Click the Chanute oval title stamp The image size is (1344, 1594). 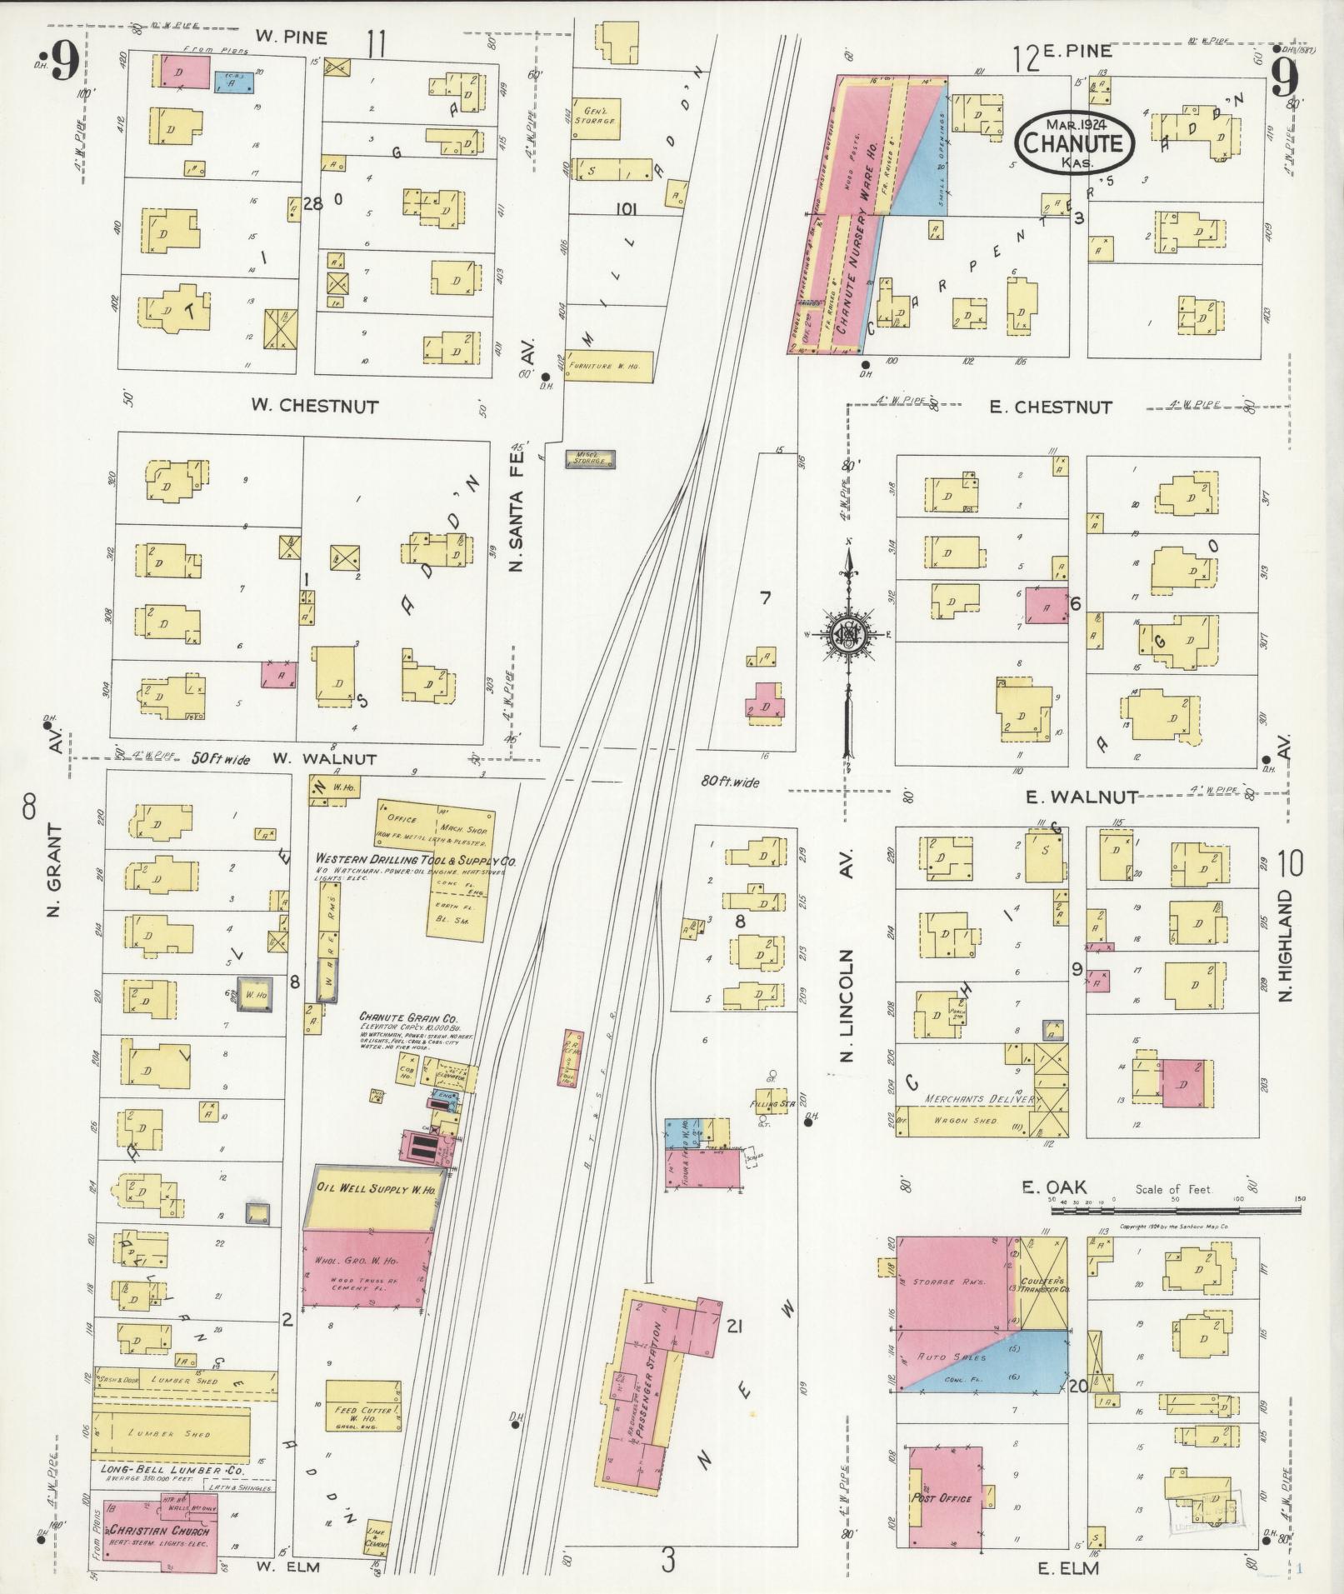point(1075,143)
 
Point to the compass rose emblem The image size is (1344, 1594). point(848,633)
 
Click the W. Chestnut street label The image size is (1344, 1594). point(315,407)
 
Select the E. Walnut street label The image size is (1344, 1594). point(1081,797)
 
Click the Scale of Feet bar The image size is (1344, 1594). point(1173,1201)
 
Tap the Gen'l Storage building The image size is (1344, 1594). point(595,117)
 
